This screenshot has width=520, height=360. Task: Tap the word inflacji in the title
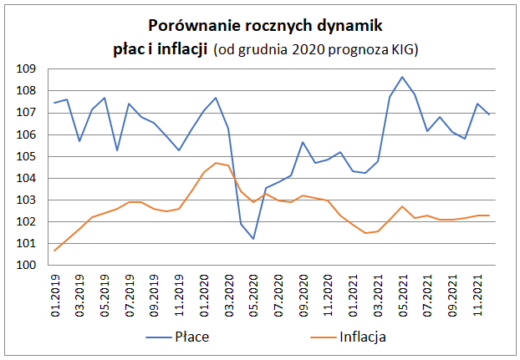click(x=183, y=49)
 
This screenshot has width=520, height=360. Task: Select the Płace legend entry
click(x=198, y=337)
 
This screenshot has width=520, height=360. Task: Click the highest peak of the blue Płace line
click(x=402, y=77)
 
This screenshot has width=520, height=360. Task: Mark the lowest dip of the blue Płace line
click(x=253, y=239)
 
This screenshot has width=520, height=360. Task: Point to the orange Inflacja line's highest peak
click(x=216, y=163)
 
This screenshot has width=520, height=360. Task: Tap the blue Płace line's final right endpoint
click(x=489, y=114)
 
